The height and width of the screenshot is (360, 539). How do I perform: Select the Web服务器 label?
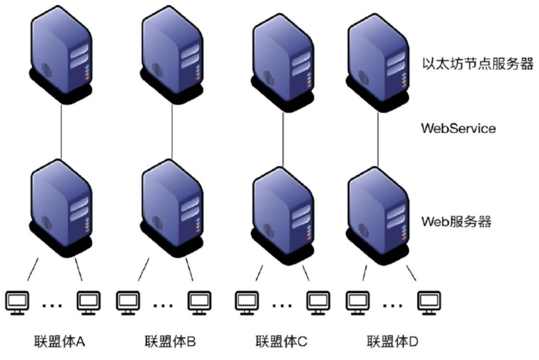coord(456,222)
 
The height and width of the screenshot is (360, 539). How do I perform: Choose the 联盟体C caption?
coord(281,342)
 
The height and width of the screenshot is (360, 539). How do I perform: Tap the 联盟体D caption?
coord(391,342)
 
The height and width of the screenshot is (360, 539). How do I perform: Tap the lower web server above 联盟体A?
coord(61,205)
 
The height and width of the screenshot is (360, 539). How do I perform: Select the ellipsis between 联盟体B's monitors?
coord(163,305)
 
